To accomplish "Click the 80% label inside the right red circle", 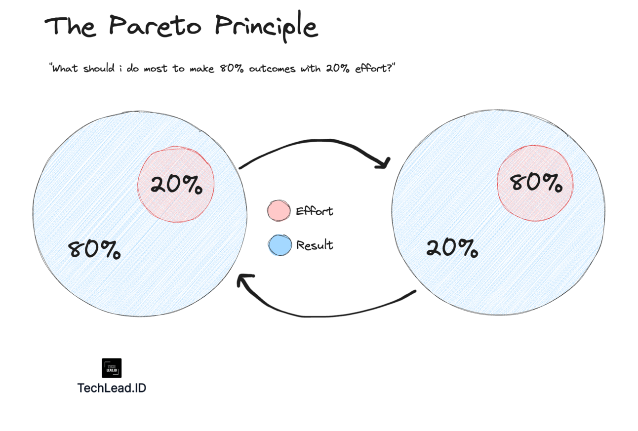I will pyautogui.click(x=536, y=183).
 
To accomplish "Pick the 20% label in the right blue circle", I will pyautogui.click(x=452, y=248).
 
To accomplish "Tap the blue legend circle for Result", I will pyautogui.click(x=279, y=245).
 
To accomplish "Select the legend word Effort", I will pyautogui.click(x=315, y=211).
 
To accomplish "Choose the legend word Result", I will pyautogui.click(x=315, y=245).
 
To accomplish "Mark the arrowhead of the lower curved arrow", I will pyautogui.click(x=242, y=281).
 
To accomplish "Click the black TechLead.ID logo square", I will pyautogui.click(x=112, y=368).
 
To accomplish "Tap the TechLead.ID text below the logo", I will pyautogui.click(x=112, y=388).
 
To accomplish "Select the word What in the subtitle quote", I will pyautogui.click(x=65, y=69).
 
